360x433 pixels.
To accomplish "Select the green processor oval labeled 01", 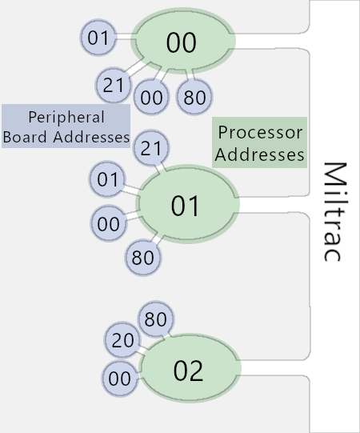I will (189, 206).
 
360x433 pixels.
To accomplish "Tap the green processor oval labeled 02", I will (190, 371).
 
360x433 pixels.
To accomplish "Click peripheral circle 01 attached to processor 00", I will (98, 37).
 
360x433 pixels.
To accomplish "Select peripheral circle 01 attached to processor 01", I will (107, 179).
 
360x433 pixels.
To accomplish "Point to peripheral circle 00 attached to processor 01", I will (107, 223).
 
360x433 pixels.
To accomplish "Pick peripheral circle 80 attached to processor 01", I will (142, 258).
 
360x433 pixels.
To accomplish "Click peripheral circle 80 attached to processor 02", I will (155, 319).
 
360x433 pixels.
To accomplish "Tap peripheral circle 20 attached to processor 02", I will (122, 340).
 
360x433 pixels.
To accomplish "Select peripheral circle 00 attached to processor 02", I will (119, 378).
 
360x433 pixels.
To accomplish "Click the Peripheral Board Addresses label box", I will (66, 126).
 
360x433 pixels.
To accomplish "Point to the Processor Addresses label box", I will (260, 142).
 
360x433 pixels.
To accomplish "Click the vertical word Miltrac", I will (334, 212).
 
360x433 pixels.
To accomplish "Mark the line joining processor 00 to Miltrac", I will (272, 34).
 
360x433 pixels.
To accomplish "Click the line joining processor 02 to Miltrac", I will (272, 375).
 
